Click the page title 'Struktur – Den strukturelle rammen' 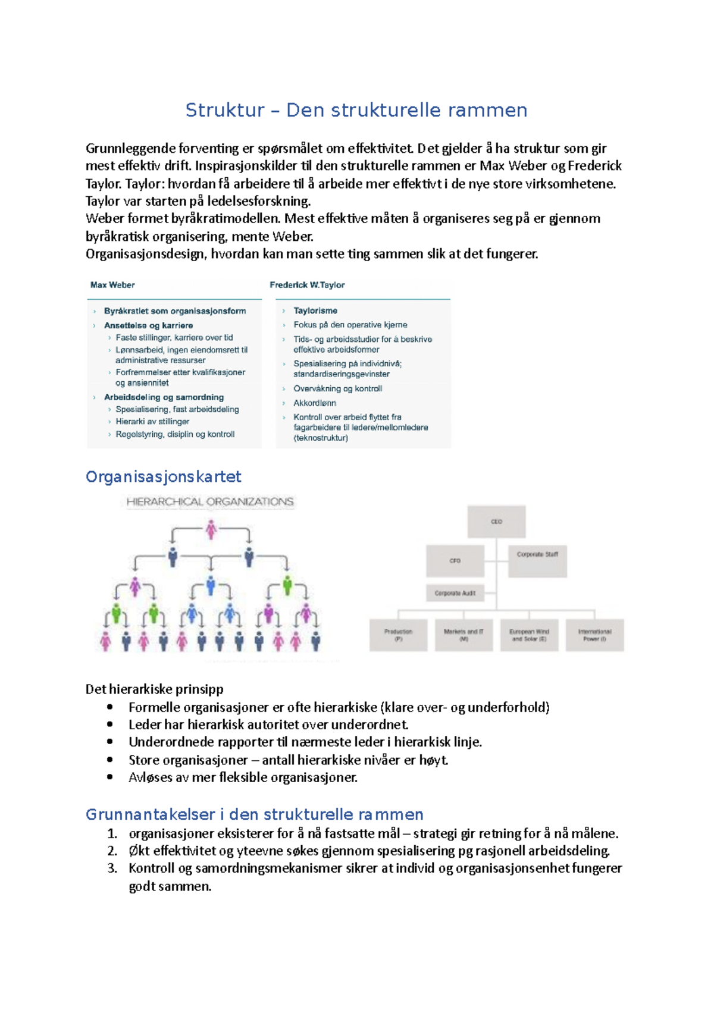(356, 111)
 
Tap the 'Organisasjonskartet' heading (163, 477)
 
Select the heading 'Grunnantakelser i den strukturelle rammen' (254, 814)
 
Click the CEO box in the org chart (496, 522)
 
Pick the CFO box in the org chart (455, 561)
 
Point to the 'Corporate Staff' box (537, 561)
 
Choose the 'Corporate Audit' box (455, 593)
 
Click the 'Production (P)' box (398, 635)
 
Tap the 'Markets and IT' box (464, 635)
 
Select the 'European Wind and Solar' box (529, 635)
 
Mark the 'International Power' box (594, 635)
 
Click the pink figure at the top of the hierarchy (211, 529)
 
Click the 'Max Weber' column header (112, 285)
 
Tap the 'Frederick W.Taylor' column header (307, 285)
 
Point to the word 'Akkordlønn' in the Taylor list (315, 403)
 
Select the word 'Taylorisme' (315, 310)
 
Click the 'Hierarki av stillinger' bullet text (152, 421)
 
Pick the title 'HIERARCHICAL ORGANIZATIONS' (209, 502)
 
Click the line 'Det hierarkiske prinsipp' (155, 689)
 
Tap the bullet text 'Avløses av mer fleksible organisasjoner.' (243, 777)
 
